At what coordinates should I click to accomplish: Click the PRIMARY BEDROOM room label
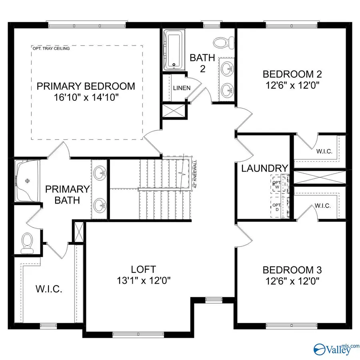point(86,86)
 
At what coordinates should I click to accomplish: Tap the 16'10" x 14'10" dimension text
point(86,97)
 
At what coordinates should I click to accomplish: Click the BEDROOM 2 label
point(292,74)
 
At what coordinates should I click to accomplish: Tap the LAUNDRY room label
point(265,168)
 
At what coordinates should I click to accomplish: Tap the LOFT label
point(143,269)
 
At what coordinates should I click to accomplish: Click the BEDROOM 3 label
point(292,269)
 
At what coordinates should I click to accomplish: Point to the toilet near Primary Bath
point(27,242)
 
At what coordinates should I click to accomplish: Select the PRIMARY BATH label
point(67,194)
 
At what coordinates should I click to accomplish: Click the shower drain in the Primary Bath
point(28,180)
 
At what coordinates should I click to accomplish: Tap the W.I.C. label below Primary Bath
point(49,289)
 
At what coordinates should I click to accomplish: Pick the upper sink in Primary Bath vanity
point(100,172)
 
